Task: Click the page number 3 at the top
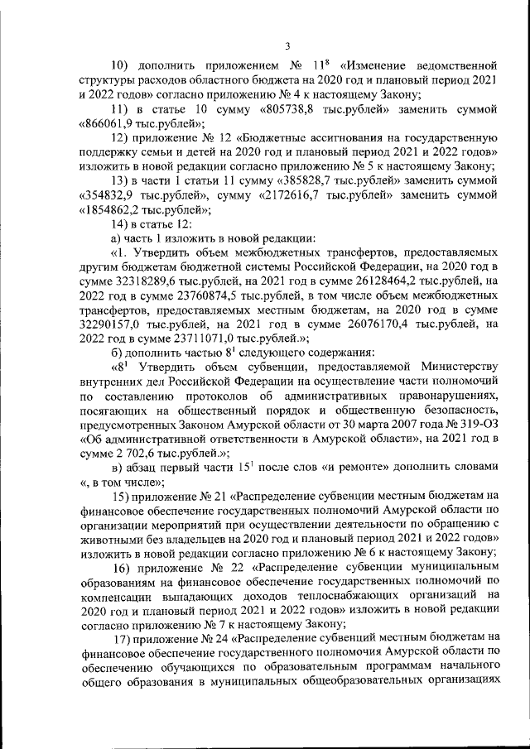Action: (287, 46)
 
